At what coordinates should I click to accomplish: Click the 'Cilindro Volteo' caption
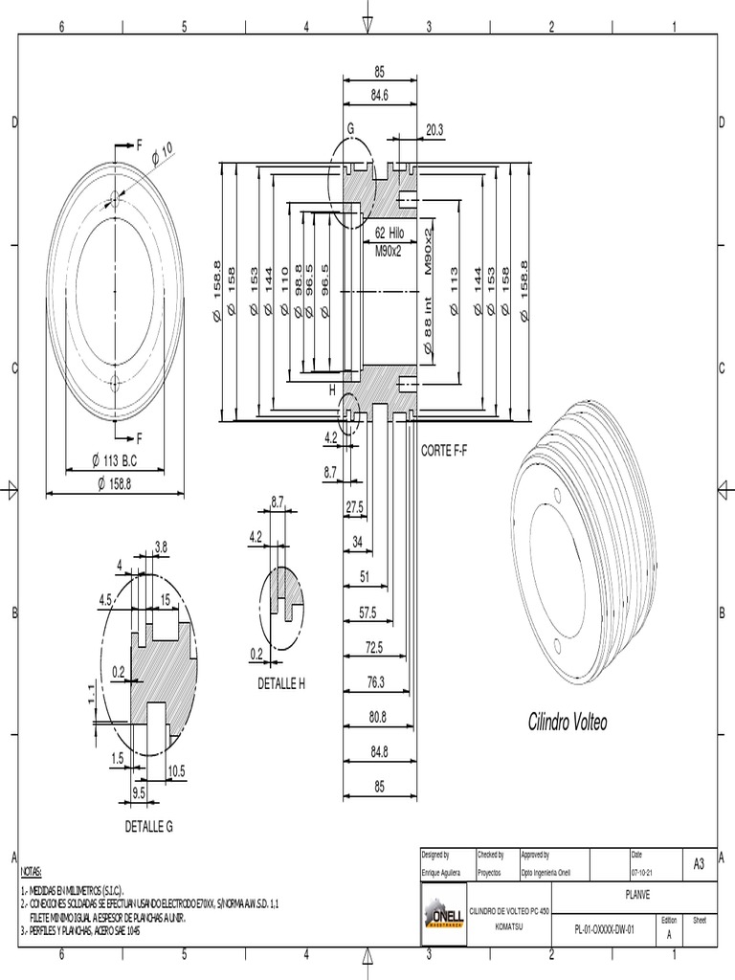[x=568, y=723]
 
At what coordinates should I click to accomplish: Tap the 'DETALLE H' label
[x=280, y=682]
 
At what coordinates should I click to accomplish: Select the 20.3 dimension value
[x=434, y=130]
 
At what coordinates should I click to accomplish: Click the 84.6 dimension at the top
[x=380, y=95]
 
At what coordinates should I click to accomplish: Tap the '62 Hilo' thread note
[x=390, y=233]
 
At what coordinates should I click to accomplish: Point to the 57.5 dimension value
[x=367, y=612]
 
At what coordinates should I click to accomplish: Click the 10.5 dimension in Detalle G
[x=176, y=770]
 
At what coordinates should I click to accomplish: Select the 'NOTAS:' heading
[x=31, y=873]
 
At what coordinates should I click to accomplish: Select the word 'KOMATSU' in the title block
[x=508, y=927]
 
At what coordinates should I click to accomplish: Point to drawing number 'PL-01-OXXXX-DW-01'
[x=604, y=928]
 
